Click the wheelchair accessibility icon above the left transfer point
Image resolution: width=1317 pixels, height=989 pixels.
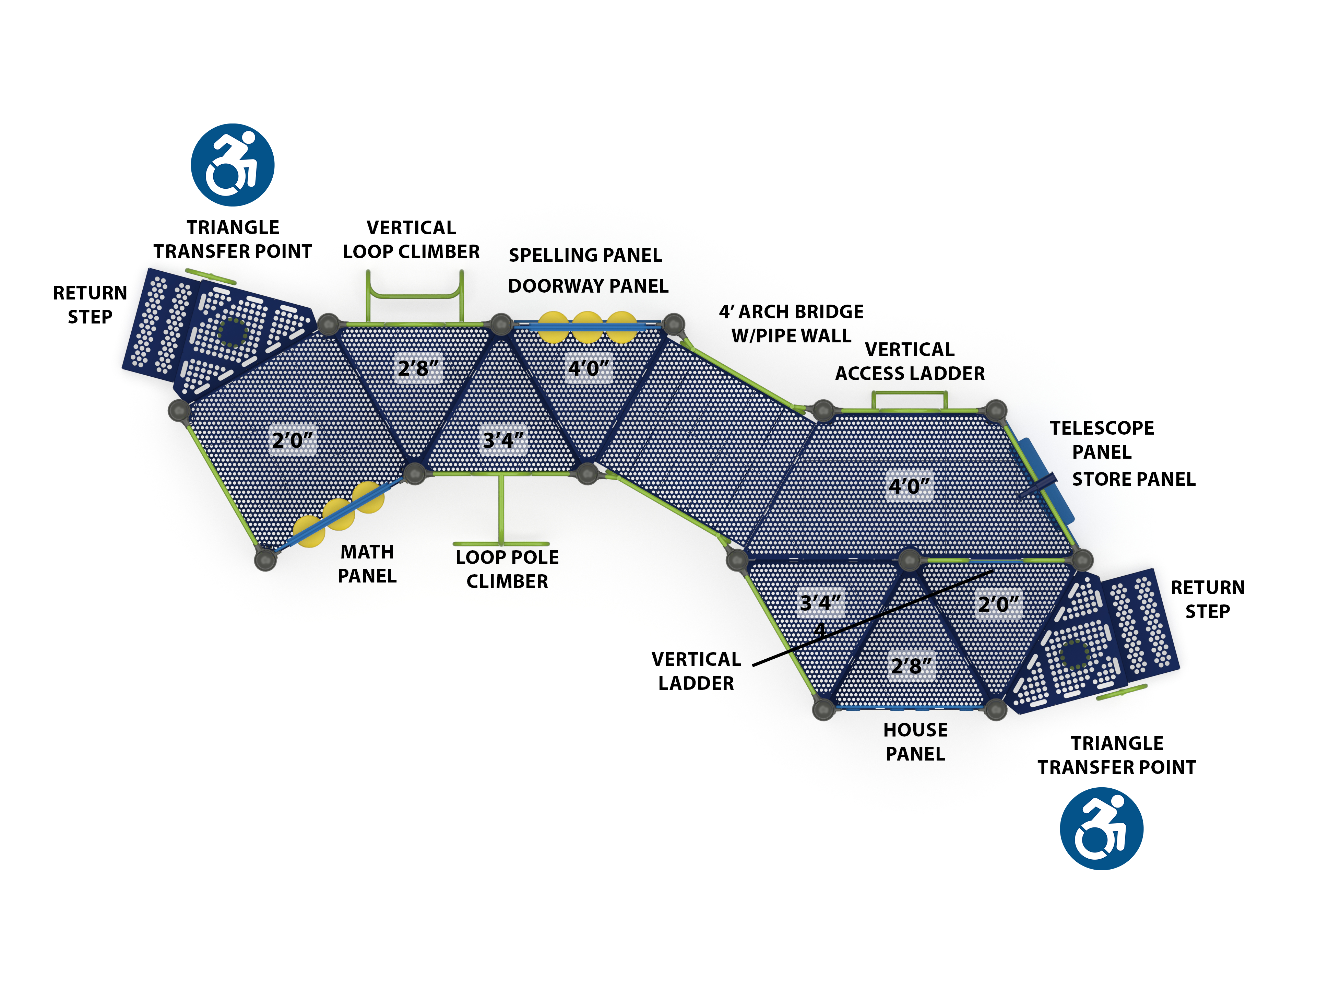pyautogui.click(x=232, y=165)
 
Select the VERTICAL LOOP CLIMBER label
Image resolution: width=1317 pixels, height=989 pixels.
pyautogui.click(x=411, y=240)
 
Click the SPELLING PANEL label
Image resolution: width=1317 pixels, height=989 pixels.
pyautogui.click(x=585, y=256)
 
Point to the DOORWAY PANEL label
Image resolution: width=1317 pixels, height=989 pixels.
pyautogui.click(x=588, y=286)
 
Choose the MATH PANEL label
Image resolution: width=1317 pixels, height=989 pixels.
pyautogui.click(x=367, y=564)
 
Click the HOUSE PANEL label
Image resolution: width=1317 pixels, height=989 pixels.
pyautogui.click(x=915, y=742)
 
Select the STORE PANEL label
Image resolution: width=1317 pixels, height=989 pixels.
pyautogui.click(x=1133, y=479)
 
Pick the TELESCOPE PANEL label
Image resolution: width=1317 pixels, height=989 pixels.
pyautogui.click(x=1102, y=440)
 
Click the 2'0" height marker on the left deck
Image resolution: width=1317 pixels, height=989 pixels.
pyautogui.click(x=292, y=440)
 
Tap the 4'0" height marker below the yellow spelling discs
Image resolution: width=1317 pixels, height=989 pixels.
pyautogui.click(x=588, y=368)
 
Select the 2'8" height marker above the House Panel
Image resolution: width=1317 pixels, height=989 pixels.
pyautogui.click(x=911, y=666)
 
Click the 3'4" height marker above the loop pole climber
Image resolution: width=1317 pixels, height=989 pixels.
pyautogui.click(x=503, y=440)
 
